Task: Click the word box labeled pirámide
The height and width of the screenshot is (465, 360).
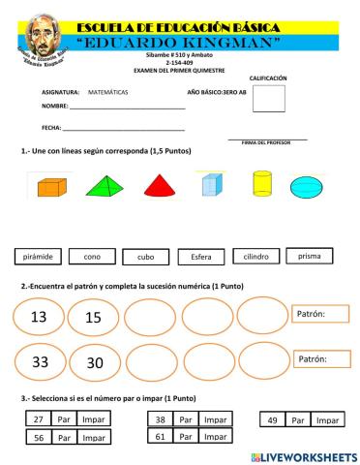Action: (39, 257)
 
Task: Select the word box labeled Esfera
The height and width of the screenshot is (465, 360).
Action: (201, 258)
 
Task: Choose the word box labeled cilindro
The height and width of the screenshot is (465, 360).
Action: (255, 257)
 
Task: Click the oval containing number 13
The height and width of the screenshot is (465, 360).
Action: (39, 317)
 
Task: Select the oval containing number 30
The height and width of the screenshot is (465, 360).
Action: (94, 362)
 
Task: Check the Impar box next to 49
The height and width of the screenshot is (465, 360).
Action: (328, 419)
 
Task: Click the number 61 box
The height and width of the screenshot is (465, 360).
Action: (161, 437)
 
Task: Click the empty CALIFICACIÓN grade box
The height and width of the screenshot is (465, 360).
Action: (268, 100)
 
